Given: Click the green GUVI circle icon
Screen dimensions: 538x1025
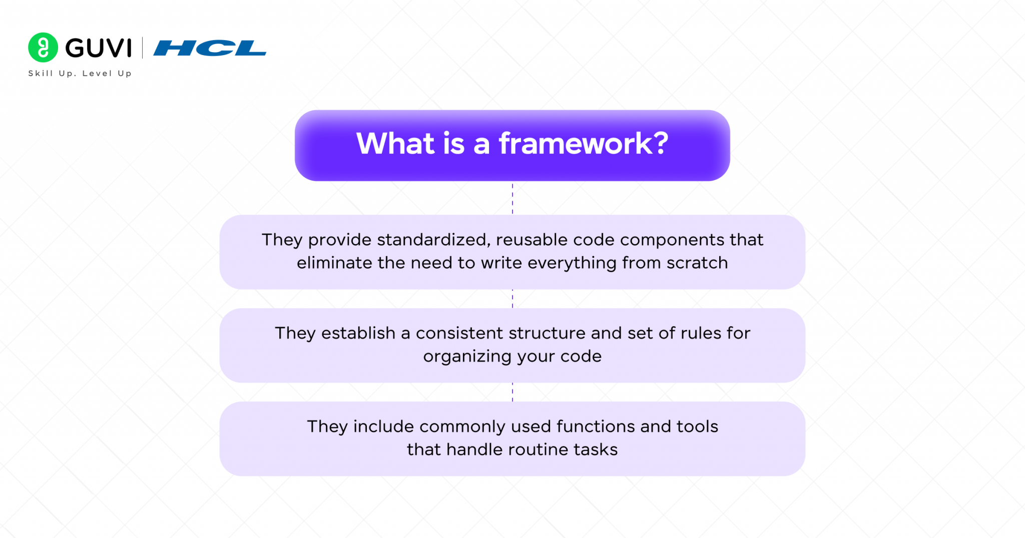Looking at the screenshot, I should (43, 48).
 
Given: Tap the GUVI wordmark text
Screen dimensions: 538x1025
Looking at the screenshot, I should (99, 49).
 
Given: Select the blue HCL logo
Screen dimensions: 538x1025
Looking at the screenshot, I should (210, 49).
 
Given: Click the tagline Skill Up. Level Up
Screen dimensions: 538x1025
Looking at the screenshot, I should (80, 74).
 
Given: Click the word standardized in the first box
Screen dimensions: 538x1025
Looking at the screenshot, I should (433, 240).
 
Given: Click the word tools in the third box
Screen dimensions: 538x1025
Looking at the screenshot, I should (697, 426).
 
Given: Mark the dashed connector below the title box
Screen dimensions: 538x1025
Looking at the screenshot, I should (512, 199).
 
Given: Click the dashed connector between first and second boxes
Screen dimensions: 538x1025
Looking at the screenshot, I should (512, 299).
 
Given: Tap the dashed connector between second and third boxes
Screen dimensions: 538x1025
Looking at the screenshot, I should (512, 392).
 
